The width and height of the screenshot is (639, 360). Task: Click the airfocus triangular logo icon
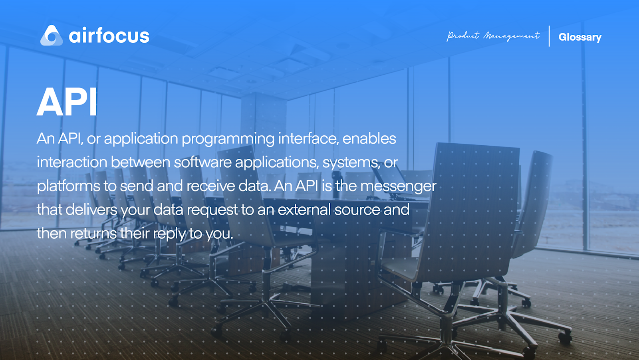(52, 36)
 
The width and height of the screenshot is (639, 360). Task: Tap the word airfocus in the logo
(109, 36)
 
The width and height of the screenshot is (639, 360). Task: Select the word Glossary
(580, 37)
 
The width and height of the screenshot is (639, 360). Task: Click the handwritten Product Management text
(493, 36)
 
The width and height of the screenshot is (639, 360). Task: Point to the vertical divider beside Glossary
(549, 36)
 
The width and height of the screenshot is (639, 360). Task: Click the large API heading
(67, 102)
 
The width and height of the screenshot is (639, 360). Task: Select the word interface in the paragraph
(308, 138)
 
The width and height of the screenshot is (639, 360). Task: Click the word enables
(369, 138)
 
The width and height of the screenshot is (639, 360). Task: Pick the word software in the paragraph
(202, 162)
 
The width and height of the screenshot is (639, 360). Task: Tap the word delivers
(91, 210)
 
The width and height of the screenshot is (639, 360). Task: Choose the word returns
(93, 233)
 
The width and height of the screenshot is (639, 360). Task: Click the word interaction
(72, 162)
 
